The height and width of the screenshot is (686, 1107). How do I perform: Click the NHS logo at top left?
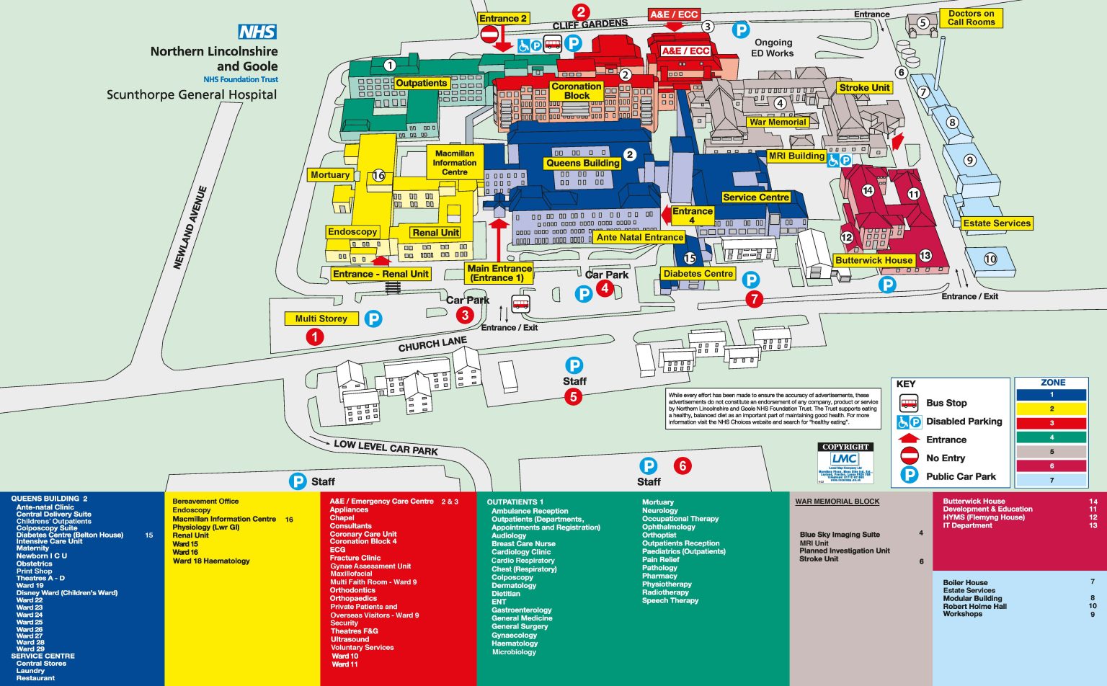[257, 32]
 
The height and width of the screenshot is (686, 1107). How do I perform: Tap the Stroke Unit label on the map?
[864, 88]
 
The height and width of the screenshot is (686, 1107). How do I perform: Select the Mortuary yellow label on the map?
[329, 175]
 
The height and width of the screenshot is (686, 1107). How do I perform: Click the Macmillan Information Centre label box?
[454, 163]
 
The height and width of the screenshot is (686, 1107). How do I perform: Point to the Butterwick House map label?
[873, 260]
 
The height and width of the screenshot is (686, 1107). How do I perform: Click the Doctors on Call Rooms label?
[971, 18]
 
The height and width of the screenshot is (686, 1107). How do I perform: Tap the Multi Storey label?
[321, 318]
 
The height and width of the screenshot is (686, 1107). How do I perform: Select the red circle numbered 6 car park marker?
[682, 465]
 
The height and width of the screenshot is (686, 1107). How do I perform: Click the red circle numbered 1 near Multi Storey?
[314, 337]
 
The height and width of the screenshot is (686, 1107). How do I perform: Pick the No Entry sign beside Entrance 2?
[489, 35]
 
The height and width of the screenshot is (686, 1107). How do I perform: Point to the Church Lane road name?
[432, 344]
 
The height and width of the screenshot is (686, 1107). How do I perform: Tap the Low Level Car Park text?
[386, 447]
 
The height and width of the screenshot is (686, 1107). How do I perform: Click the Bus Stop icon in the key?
[909, 403]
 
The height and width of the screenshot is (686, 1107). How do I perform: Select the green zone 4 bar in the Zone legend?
[1052, 437]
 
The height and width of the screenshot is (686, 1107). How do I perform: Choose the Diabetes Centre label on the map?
[698, 274]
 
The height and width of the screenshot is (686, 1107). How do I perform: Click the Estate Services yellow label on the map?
[997, 223]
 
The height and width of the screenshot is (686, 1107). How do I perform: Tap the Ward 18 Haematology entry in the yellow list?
[211, 561]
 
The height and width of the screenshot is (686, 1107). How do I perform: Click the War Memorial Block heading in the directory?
[837, 502]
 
